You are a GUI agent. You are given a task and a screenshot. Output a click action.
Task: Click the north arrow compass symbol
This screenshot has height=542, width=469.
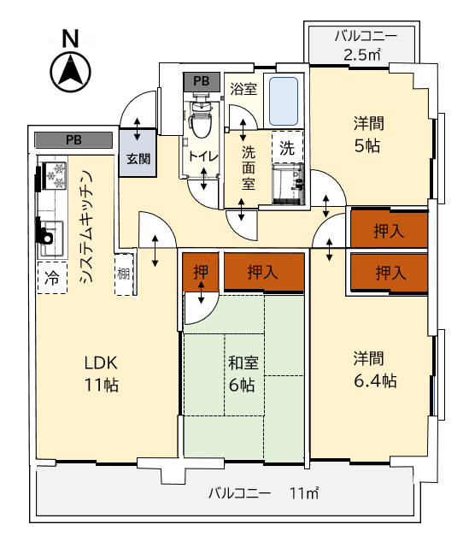pos(70,72)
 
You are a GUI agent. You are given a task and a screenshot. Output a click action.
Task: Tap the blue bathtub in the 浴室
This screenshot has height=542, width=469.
pos(284,101)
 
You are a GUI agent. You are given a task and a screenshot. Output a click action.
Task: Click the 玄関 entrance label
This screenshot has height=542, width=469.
pos(138,159)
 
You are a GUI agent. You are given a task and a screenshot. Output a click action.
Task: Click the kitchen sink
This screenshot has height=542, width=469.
pos(52,238)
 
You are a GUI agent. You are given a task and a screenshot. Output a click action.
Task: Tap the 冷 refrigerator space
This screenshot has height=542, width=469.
pos(52,278)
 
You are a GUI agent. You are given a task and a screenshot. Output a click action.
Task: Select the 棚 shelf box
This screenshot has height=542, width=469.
pos(124,274)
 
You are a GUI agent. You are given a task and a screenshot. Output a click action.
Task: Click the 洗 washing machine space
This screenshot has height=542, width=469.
pos(287,147)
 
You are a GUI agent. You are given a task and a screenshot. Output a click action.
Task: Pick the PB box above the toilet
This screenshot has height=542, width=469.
pos(202,81)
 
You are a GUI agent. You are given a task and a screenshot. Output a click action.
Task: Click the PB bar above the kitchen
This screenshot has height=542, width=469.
pos(73,140)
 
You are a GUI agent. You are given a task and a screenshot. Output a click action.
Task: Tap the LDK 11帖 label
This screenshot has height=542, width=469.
pos(102,374)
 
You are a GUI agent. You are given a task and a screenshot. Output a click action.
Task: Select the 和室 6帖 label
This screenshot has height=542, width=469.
pos(243,374)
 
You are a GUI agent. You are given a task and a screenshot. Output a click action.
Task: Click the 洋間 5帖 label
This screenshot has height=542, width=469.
pos(368,135)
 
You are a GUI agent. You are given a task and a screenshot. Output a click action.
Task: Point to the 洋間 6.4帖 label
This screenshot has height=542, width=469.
pos(374,370)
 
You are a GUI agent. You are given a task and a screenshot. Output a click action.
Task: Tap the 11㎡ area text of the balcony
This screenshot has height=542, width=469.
pos(304,493)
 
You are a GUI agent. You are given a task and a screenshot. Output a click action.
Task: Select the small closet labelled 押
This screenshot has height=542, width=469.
pos(201,272)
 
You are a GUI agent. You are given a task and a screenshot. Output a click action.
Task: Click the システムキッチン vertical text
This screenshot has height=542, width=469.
pos(86,227)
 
